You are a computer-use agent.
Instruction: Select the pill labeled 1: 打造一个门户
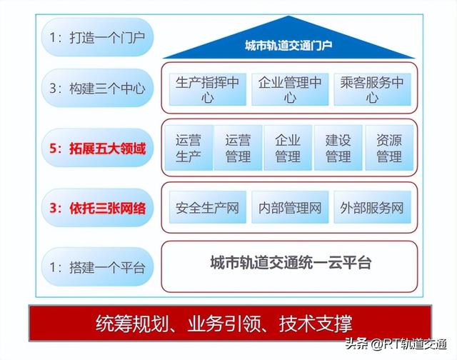(97, 37)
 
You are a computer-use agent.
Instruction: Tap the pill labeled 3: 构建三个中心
(97, 88)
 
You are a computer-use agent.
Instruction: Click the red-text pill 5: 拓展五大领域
(97, 148)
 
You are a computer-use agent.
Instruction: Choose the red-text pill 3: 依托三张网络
(97, 208)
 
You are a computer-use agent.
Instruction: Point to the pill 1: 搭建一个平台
(97, 266)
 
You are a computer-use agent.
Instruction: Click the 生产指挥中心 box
(208, 89)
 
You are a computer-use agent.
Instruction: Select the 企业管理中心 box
(290, 89)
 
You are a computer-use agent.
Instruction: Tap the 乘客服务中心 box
(373, 89)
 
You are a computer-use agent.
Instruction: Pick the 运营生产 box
(189, 148)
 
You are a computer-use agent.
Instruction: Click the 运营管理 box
(238, 148)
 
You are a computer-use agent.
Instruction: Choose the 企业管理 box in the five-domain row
(288, 148)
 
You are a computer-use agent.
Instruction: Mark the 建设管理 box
(338, 148)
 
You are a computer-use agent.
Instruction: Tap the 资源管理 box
(389, 148)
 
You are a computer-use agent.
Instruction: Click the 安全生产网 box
(208, 207)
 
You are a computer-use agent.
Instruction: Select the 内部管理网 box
(290, 207)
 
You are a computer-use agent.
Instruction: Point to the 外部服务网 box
(373, 207)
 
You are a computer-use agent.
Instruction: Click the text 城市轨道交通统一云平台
(291, 262)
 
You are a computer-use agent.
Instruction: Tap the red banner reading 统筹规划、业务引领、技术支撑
(230, 323)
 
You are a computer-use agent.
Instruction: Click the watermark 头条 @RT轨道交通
(396, 344)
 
